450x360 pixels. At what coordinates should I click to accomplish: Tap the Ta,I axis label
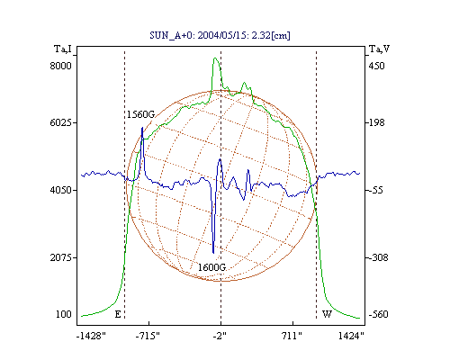[x=63, y=49]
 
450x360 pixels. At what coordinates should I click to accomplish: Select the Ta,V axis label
[x=379, y=49]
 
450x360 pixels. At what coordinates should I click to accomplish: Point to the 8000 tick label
[x=60, y=66]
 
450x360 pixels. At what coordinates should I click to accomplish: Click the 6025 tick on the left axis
[x=60, y=122]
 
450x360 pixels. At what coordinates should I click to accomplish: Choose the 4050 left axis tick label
[x=60, y=190]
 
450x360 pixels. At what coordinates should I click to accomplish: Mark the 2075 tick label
[x=60, y=257]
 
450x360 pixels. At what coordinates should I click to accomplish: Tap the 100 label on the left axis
[x=64, y=314]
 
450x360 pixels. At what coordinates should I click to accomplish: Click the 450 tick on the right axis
[x=376, y=66]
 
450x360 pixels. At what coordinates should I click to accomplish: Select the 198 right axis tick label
[x=376, y=122]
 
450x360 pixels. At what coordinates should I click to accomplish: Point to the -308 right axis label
[x=379, y=257]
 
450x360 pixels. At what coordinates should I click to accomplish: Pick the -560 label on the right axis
[x=379, y=314]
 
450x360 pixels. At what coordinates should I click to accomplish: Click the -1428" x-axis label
[x=91, y=336]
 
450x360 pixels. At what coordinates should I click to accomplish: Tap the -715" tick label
[x=148, y=336]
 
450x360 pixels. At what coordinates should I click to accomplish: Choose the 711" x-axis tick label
[x=292, y=336]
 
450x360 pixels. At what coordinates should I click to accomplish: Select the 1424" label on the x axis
[x=351, y=336]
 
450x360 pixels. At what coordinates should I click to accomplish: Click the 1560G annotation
[x=140, y=114]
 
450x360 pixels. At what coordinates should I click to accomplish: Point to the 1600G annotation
[x=211, y=267]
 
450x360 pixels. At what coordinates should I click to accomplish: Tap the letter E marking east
[x=118, y=314]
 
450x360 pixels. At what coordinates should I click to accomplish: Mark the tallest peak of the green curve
[x=215, y=58]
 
